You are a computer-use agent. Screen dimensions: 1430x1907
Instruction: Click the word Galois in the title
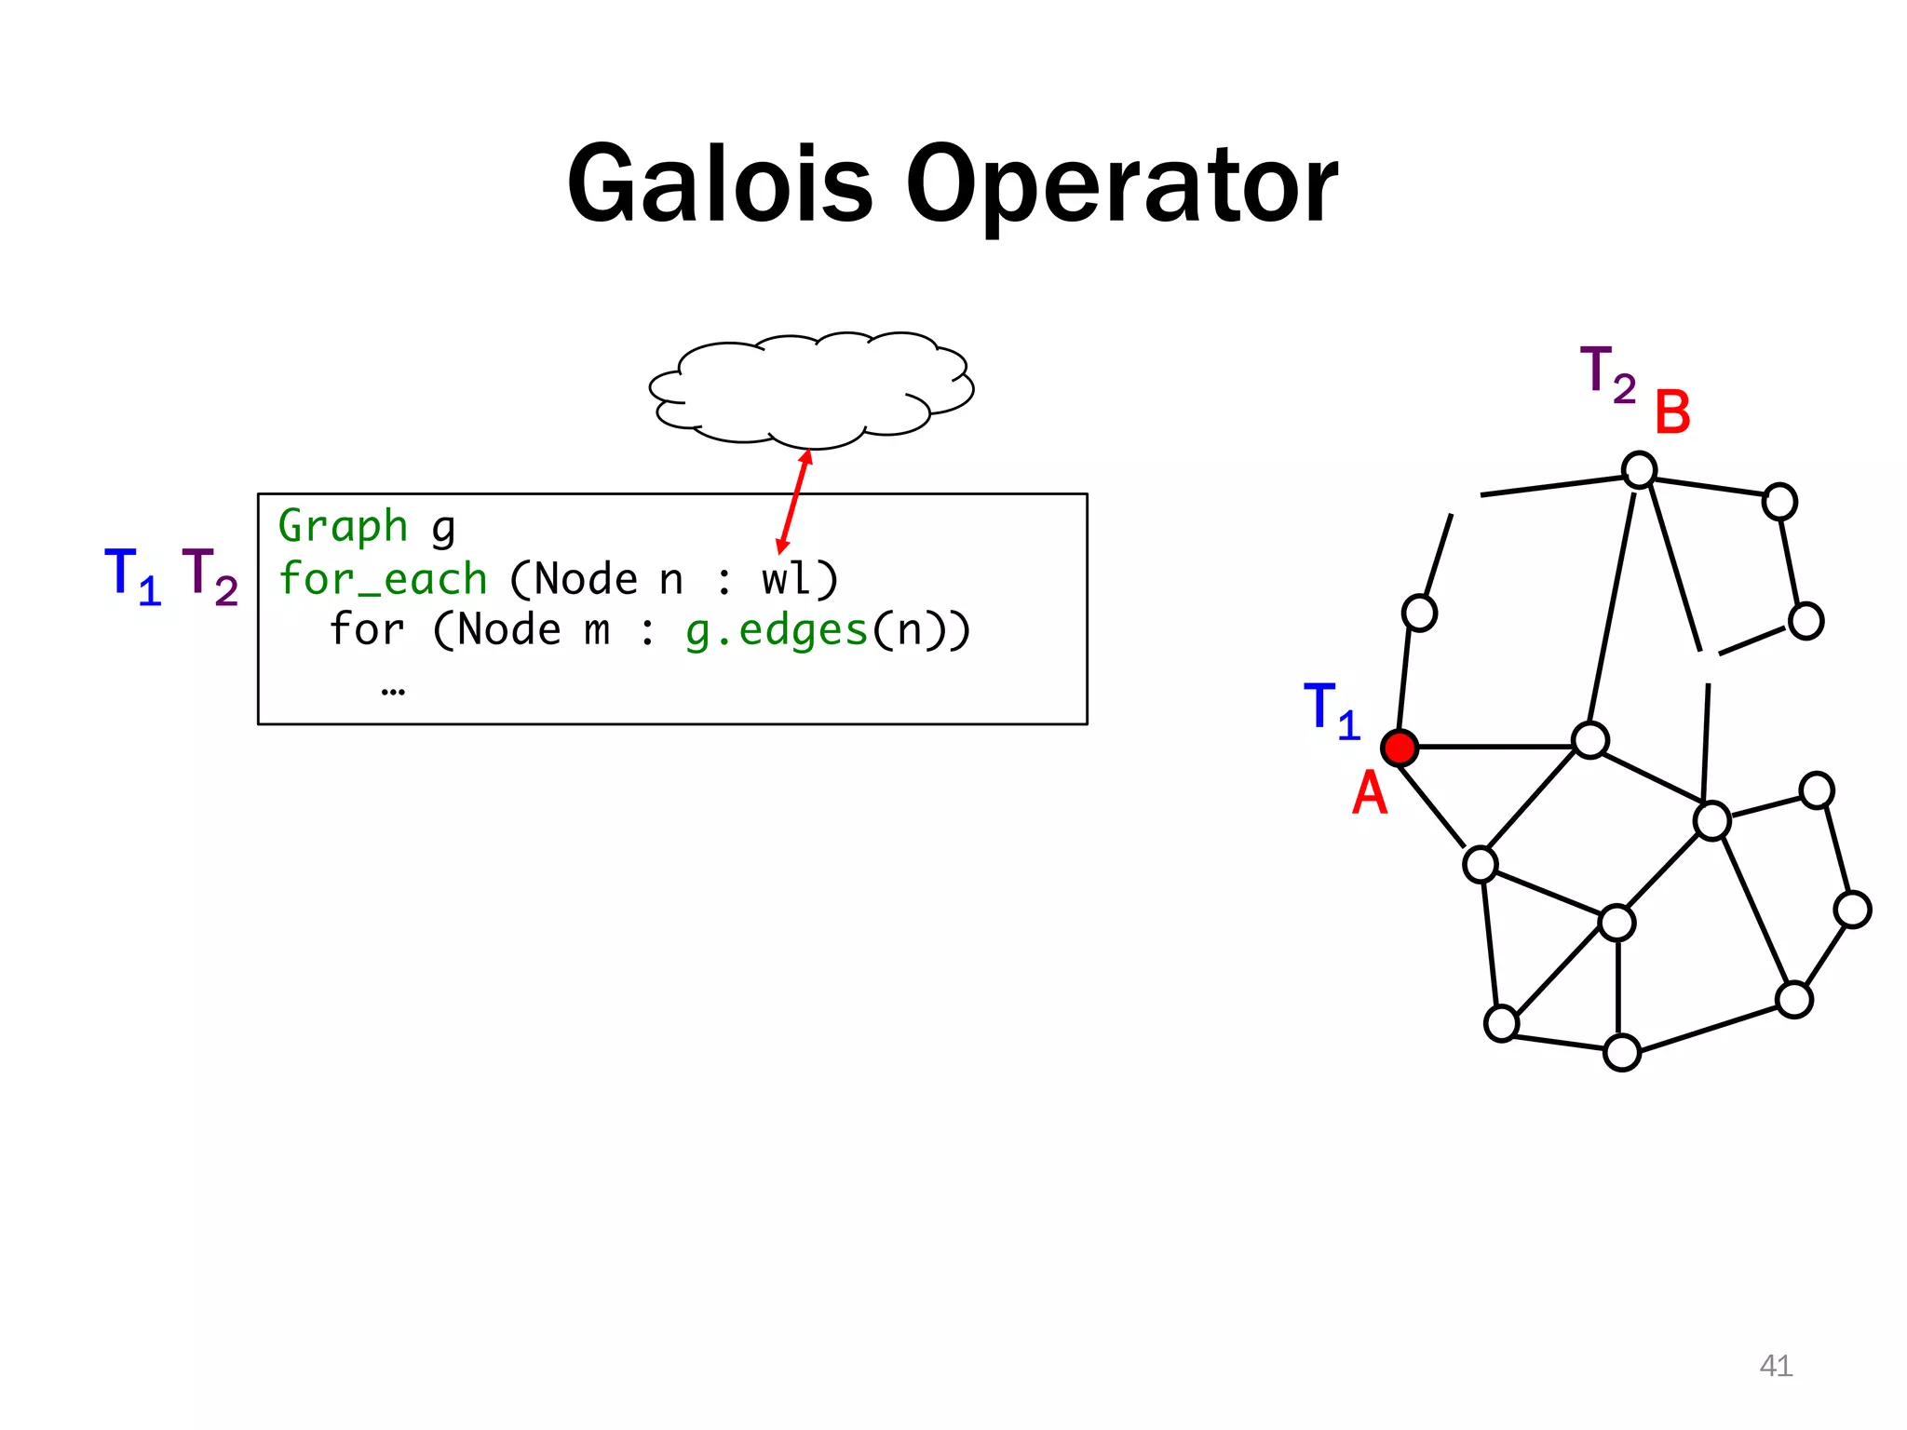tap(720, 186)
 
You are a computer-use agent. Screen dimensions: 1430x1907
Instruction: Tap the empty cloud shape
tap(811, 388)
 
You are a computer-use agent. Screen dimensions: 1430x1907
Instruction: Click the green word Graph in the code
tap(343, 527)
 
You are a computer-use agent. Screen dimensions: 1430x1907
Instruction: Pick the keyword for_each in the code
tap(383, 580)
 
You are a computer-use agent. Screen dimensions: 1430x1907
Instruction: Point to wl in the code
tap(786, 579)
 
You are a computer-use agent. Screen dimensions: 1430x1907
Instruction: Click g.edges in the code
tap(777, 631)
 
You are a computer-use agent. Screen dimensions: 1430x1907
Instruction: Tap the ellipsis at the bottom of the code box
tap(393, 691)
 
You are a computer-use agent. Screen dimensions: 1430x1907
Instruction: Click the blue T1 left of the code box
tap(132, 576)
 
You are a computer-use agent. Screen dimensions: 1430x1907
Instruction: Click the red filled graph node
tap(1400, 748)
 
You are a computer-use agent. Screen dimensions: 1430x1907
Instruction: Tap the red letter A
tap(1369, 794)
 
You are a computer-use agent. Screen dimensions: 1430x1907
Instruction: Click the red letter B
tap(1672, 412)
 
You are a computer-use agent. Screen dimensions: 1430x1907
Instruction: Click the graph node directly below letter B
tap(1639, 470)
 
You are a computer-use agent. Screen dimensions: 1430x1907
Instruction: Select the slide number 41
tap(1776, 1366)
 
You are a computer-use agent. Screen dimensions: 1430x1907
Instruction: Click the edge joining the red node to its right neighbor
tap(1494, 747)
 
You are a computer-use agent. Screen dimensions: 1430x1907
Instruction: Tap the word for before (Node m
tap(367, 630)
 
